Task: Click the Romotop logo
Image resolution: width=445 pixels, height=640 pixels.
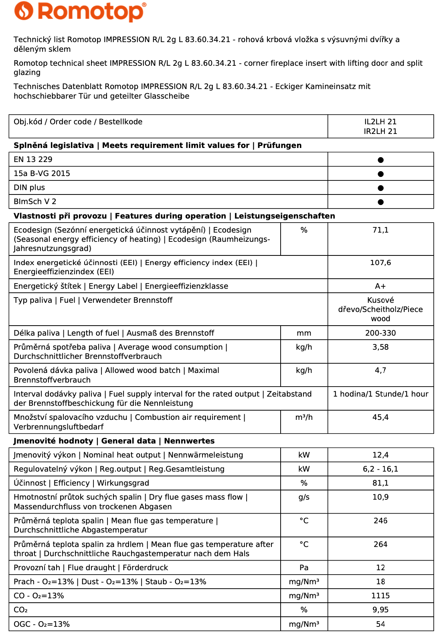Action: pos(80,12)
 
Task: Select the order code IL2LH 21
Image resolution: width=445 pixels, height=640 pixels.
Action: pos(380,122)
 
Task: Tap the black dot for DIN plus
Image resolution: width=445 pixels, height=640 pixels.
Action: pos(380,188)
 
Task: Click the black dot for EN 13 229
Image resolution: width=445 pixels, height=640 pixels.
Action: pos(380,160)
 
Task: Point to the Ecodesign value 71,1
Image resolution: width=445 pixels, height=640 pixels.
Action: pos(380,230)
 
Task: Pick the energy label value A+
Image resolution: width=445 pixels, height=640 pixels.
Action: pos(380,286)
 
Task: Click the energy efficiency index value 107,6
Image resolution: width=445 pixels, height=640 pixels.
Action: pos(380,263)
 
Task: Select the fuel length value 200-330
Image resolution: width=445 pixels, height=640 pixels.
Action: pos(380,333)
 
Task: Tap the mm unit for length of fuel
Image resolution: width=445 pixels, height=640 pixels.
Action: pos(304,333)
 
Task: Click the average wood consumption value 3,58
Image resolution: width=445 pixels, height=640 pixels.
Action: pos(380,347)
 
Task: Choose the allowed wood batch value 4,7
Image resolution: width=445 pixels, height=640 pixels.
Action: pos(380,371)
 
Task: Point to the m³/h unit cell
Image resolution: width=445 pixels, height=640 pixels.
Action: pos(304,417)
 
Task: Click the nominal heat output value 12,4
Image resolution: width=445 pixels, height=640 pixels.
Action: pos(380,455)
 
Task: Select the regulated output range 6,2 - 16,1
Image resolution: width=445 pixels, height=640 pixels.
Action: pos(380,469)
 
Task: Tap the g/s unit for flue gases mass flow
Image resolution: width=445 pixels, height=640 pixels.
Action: pos(304,497)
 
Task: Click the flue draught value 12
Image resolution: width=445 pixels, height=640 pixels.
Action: pos(380,568)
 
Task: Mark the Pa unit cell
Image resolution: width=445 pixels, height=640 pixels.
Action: pos(304,568)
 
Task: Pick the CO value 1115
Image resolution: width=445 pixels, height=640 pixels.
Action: pos(380,596)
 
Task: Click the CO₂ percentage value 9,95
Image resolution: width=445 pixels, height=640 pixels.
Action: pos(380,610)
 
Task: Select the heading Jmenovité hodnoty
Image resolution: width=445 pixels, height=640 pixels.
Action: pos(53,441)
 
